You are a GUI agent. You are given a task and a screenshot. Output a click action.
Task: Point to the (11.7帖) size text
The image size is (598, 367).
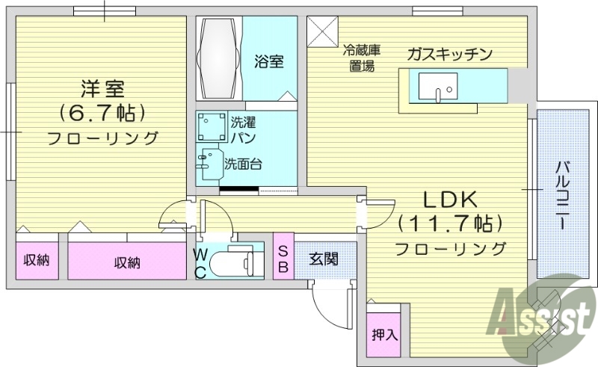[449, 223]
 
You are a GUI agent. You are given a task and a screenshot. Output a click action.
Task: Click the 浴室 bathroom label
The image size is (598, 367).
[268, 61]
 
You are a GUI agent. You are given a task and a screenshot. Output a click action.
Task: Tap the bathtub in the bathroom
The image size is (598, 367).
[218, 58]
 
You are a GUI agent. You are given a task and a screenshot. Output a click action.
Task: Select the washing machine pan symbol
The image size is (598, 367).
[212, 126]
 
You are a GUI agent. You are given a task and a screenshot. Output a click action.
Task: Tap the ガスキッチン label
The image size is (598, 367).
[449, 54]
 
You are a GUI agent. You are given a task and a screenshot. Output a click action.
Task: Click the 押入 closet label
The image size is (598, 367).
[383, 335]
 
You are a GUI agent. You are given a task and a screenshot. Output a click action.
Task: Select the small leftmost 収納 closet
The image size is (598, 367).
[35, 261]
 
